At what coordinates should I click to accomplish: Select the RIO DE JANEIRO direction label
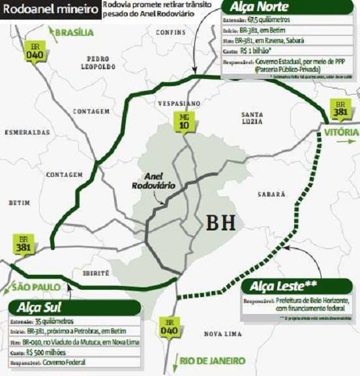click(x=213, y=360)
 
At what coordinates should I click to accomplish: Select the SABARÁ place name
click(x=271, y=194)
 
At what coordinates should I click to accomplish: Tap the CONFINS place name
click(x=171, y=31)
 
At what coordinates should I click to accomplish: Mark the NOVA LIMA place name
click(x=224, y=334)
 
